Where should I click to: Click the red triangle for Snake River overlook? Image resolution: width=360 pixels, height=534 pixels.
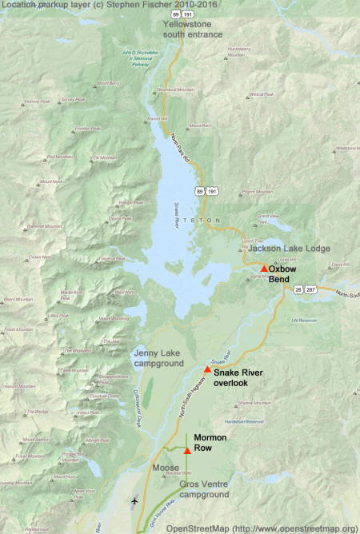[207, 369]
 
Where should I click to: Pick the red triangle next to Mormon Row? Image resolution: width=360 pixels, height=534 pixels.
[187, 451]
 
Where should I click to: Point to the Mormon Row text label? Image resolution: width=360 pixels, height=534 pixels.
[210, 444]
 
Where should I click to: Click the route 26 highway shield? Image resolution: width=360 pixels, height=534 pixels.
[298, 289]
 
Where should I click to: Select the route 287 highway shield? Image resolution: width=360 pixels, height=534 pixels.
[311, 289]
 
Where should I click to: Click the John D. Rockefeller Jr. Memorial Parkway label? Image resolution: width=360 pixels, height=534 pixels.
[138, 58]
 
